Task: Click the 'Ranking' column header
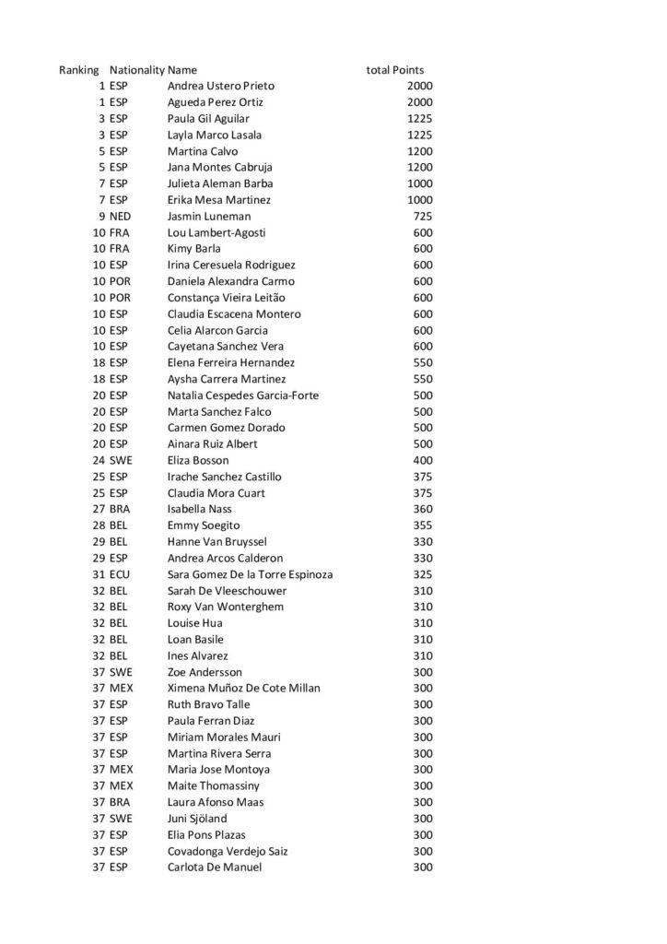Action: (79, 70)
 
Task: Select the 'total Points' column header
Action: (395, 70)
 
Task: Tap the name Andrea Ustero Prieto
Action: (221, 86)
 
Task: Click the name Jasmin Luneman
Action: (209, 217)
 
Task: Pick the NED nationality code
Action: (121, 217)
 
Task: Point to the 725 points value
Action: (421, 217)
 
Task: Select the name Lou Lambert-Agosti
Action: (216, 232)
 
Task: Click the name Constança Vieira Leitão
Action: (227, 298)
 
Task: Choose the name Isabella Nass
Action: (200, 509)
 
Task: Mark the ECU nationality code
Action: (121, 574)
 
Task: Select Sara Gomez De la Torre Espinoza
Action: (250, 574)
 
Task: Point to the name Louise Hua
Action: (195, 623)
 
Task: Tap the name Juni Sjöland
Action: (197, 819)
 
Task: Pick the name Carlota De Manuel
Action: (215, 867)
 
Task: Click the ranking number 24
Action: (99, 460)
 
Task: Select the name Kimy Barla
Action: (193, 249)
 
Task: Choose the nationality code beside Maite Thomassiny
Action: (122, 786)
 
